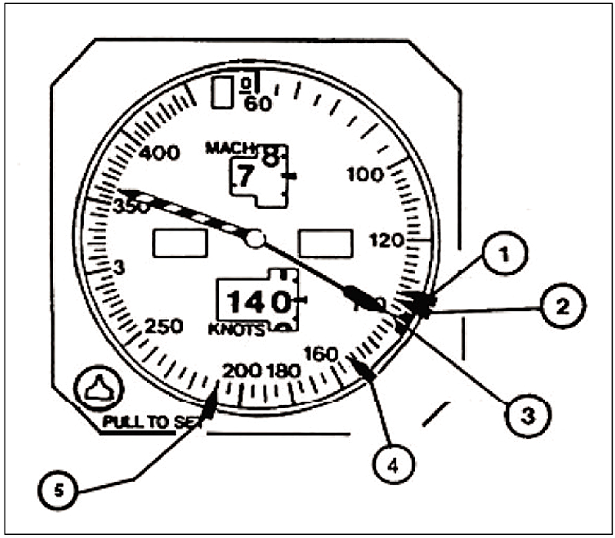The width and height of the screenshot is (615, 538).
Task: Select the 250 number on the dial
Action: point(164,326)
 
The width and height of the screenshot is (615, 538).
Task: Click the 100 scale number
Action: point(364,174)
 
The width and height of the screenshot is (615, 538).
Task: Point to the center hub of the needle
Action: point(255,239)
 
